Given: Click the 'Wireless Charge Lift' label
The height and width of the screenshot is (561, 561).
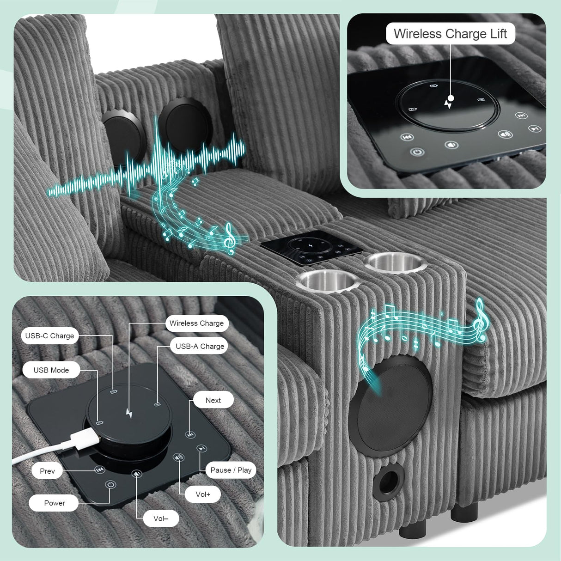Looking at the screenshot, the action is point(451,33).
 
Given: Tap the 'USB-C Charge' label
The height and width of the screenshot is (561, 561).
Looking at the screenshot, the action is point(50,335).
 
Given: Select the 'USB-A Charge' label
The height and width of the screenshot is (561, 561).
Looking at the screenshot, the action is point(200,346).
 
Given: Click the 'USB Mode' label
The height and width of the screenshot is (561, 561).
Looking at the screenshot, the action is point(51,370).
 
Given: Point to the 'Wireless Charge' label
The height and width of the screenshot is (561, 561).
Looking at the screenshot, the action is point(197,323).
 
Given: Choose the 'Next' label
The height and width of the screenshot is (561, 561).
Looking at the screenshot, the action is point(213,400).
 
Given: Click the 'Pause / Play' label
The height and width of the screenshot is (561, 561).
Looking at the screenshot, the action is point(231,470).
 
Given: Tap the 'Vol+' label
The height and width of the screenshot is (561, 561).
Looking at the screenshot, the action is point(203,494).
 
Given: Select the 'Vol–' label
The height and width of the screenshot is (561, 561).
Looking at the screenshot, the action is point(161,518).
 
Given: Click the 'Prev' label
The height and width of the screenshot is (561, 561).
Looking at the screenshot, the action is point(47,471).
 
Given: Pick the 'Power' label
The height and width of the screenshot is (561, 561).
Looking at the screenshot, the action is point(54,503).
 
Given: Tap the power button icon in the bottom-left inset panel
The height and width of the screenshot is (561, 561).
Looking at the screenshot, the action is point(110,485).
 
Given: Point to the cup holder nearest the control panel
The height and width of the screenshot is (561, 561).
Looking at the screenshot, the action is point(395,262).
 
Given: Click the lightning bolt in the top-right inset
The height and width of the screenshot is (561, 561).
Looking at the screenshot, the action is point(448,103).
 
